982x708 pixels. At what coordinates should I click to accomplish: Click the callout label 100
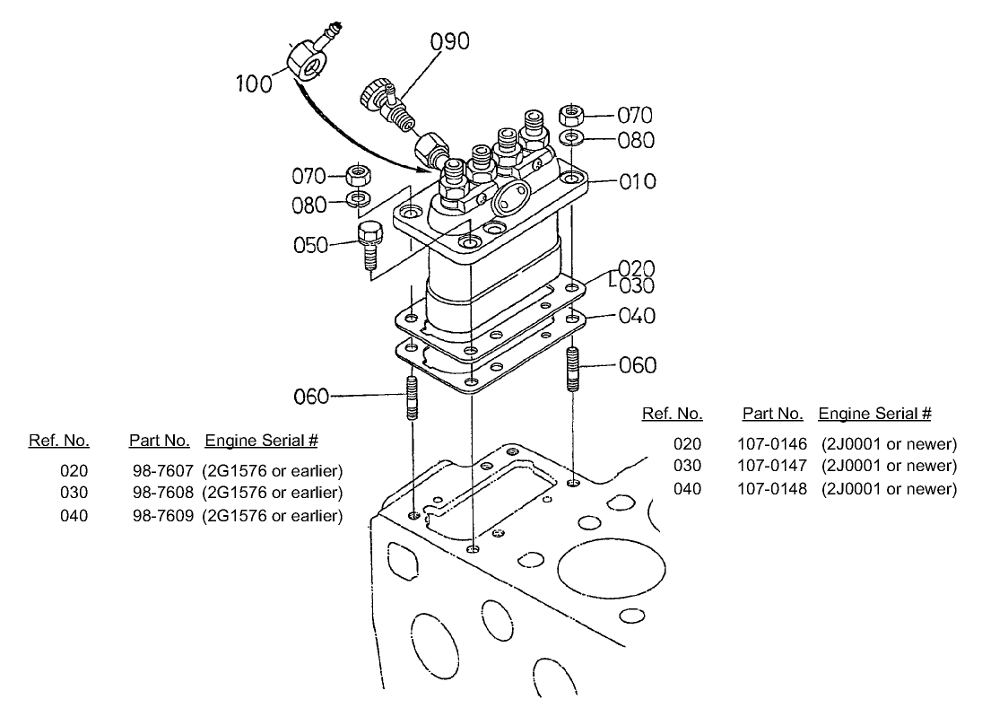tap(253, 84)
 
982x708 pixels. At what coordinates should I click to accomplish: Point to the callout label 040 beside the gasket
tap(637, 316)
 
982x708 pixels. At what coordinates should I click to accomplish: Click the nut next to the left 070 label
tap(359, 173)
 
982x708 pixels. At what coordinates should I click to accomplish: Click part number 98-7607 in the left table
tap(162, 470)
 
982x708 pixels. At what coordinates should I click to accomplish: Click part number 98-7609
tap(162, 515)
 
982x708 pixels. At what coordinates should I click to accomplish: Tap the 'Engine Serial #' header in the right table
tap(874, 414)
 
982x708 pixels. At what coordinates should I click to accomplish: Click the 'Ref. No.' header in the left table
tap(59, 441)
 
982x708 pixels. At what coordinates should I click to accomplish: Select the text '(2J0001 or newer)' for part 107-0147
tap(889, 466)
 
